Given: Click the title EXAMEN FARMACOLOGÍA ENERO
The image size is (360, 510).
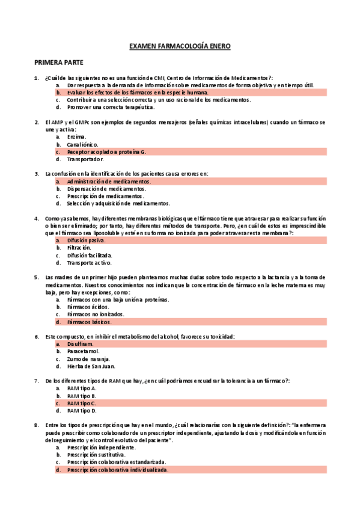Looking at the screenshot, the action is point(180,46).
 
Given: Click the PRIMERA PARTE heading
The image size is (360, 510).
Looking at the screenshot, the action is point(58,63).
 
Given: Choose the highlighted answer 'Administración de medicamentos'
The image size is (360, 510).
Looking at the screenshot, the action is point(109,181).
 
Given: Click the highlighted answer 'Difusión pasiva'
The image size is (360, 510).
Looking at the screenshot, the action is point(86,240).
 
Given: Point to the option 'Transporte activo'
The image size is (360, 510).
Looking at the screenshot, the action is point(89,262).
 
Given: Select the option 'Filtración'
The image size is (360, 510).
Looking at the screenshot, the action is point(79,247).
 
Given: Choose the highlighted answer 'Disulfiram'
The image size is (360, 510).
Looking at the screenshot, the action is point(81,343).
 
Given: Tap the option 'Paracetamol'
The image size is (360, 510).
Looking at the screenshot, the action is point(84,351).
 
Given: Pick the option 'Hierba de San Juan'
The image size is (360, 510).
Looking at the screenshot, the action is point(91,366).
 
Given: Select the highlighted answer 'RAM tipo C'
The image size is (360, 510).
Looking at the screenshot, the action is point(82,403).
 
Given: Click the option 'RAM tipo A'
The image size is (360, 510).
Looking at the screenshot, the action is point(82,389).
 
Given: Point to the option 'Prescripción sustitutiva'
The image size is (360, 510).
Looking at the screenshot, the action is point(96,455).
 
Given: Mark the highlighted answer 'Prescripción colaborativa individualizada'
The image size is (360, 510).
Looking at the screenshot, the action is point(117,470).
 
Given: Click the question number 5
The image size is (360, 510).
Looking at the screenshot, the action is point(37,277).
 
